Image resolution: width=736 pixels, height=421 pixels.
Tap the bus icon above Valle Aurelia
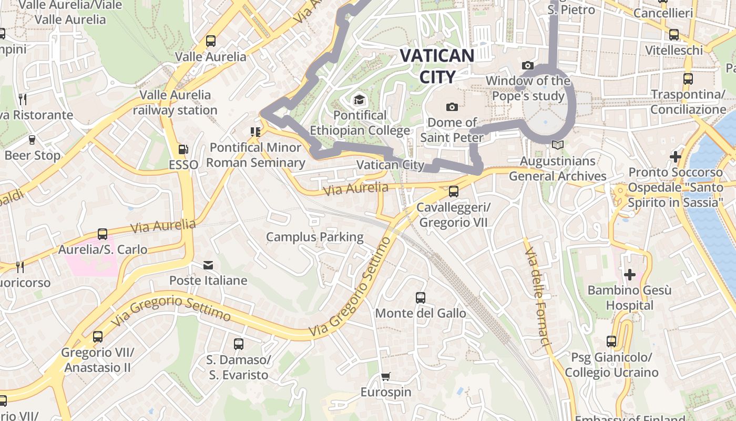(211, 41)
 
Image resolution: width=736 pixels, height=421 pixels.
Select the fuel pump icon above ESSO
(183, 149)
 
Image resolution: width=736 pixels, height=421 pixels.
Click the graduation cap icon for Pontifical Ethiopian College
(359, 99)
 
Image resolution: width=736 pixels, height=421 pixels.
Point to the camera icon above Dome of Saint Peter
(452, 107)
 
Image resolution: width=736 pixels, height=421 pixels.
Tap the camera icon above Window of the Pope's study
(528, 65)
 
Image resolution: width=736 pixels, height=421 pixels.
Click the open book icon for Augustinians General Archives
(557, 145)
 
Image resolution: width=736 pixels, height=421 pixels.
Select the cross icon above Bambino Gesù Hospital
(629, 274)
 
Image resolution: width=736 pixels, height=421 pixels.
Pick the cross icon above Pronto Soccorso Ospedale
(676, 156)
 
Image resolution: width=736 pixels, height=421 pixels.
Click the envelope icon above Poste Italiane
(208, 265)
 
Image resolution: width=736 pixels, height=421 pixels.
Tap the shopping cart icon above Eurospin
(386, 376)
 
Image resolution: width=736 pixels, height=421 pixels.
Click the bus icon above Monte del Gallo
(420, 298)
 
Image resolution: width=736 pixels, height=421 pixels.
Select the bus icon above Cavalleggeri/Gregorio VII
(453, 192)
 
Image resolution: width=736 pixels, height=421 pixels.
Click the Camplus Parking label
(314, 237)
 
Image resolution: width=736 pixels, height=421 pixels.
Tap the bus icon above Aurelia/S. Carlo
(103, 234)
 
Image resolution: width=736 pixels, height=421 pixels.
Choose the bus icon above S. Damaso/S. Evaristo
(238, 344)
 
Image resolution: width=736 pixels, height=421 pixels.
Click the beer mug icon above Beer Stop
(32, 140)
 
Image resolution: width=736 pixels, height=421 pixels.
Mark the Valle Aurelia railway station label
(175, 103)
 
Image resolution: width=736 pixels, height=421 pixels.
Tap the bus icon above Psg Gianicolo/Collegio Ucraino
(611, 342)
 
